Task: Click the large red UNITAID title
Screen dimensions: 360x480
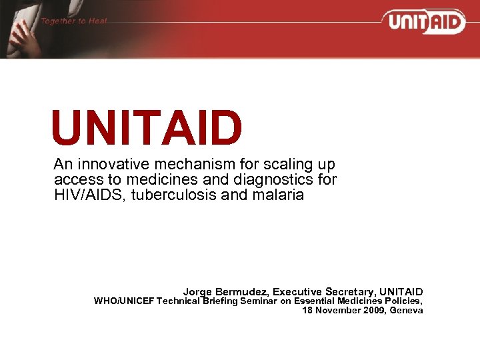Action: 147,128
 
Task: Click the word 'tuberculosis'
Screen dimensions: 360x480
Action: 161,195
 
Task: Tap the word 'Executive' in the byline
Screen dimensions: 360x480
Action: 297,292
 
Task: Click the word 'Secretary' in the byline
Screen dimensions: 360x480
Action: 350,292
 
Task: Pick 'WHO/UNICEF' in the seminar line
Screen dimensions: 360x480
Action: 123,301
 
